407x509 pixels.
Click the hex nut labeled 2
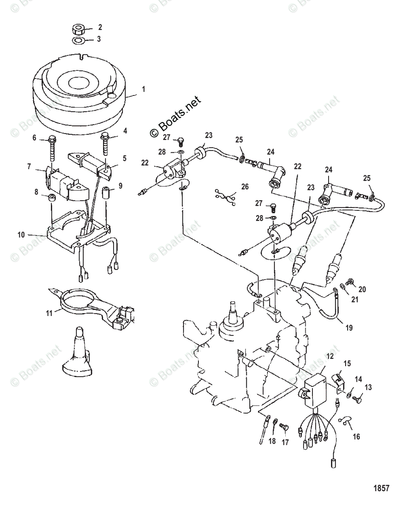(79, 29)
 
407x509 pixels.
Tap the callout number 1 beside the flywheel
(143, 89)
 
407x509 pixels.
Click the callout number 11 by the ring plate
(50, 313)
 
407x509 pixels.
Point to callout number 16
(356, 436)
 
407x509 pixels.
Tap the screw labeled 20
(351, 281)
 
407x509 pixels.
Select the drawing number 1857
(381, 488)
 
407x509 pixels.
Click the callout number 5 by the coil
(125, 158)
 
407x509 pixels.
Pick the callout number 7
(29, 167)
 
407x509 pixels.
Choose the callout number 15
(347, 364)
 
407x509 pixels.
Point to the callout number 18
(272, 441)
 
